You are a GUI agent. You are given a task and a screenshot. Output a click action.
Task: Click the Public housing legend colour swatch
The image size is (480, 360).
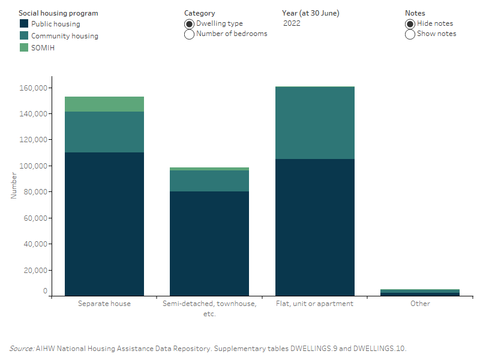[24, 24]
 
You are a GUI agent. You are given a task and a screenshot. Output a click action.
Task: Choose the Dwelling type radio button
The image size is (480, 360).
[189, 24]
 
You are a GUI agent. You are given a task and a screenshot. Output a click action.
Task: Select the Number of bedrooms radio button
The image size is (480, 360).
[189, 34]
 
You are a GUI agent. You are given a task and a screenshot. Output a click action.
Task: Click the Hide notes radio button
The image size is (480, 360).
[410, 24]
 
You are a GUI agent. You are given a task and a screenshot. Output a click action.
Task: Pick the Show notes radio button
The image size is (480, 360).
[410, 34]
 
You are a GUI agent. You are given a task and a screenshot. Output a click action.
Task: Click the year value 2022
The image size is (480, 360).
[292, 24]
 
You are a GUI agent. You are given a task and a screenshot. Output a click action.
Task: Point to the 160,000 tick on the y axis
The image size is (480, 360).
[33, 88]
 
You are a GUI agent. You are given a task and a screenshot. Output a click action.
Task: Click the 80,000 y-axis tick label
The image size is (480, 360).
[35, 192]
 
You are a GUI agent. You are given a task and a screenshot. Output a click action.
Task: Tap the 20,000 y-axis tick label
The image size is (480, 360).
[35, 271]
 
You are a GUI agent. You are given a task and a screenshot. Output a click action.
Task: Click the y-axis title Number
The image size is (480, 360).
[14, 186]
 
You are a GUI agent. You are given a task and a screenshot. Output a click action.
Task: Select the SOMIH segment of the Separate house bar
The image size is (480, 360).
[104, 104]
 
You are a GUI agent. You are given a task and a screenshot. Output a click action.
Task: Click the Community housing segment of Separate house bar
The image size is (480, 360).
[104, 132]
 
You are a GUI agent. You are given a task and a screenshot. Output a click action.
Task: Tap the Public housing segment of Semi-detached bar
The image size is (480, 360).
[209, 243]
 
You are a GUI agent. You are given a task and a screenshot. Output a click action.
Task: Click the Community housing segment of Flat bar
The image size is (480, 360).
[314, 123]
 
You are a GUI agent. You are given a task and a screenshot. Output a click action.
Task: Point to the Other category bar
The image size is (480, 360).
[420, 292]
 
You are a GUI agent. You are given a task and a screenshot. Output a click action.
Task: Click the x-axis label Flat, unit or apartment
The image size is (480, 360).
[314, 304]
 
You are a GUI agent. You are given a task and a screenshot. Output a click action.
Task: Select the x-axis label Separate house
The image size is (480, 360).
[104, 304]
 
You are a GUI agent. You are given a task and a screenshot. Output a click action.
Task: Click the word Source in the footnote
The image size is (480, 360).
[20, 349]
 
